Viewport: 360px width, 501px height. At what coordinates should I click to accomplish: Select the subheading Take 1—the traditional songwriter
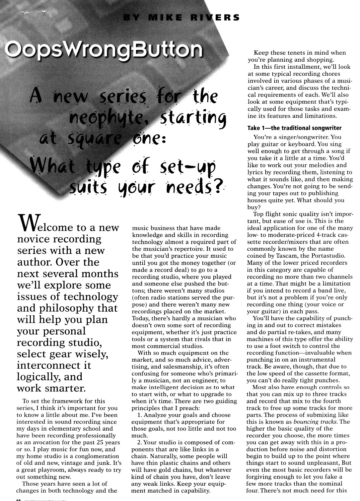click(x=294, y=128)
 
